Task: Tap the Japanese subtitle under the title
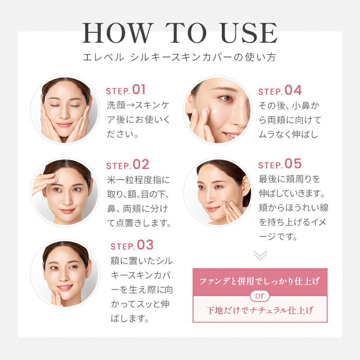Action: pyautogui.click(x=180, y=58)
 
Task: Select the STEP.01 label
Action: pyautogui.click(x=126, y=90)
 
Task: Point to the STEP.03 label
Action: pyautogui.click(x=132, y=245)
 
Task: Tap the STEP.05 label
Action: pyautogui.click(x=279, y=164)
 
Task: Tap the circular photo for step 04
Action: pyautogui.click(x=218, y=110)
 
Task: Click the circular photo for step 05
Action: pyautogui.click(x=218, y=192)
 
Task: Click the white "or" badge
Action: pyautogui.click(x=260, y=296)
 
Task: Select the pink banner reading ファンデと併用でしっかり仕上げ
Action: pyautogui.click(x=260, y=281)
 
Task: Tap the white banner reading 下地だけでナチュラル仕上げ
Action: pyautogui.click(x=260, y=310)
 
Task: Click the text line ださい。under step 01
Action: pyautogui.click(x=122, y=134)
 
